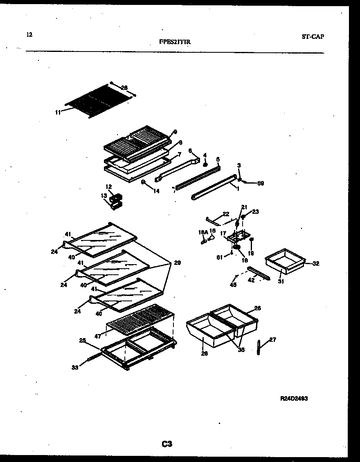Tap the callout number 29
click(x=177, y=262)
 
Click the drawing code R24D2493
click(x=294, y=398)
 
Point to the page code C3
click(x=166, y=444)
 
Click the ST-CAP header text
click(x=313, y=36)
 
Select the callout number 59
click(x=260, y=183)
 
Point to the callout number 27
click(x=272, y=339)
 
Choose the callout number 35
click(x=241, y=350)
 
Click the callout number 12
click(x=108, y=187)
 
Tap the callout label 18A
click(x=202, y=232)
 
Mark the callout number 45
click(x=233, y=285)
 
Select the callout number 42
click(x=251, y=280)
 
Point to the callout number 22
click(x=226, y=213)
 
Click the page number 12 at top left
click(x=29, y=35)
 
